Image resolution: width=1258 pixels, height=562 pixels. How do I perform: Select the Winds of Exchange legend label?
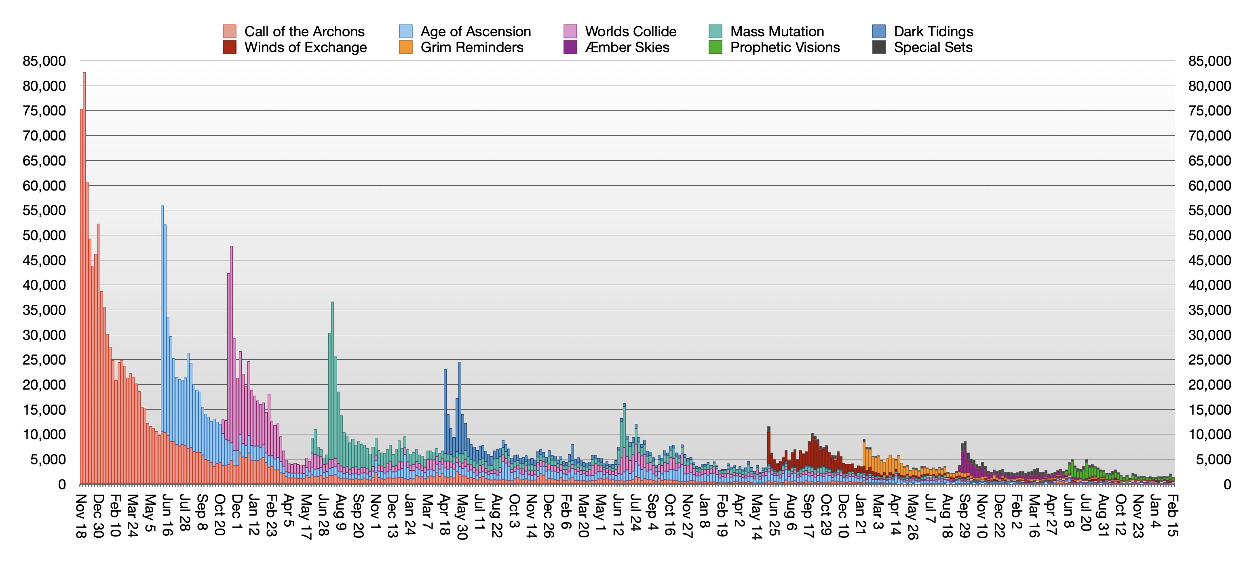coord(305,47)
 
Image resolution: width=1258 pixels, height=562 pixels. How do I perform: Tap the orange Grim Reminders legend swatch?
coord(406,47)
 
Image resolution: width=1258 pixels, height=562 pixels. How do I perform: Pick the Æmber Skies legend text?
coord(627,47)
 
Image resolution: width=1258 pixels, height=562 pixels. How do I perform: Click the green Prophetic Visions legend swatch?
coord(716,47)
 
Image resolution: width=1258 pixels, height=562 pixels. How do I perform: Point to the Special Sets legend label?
coord(933,47)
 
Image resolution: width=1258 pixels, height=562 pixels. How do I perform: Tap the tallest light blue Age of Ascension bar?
coord(162,293)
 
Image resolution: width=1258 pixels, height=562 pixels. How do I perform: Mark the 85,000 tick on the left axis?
coord(44,61)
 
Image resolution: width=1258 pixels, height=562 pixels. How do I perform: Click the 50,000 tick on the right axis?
coord(1209,236)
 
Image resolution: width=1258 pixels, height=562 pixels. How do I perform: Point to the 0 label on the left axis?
coord(62,484)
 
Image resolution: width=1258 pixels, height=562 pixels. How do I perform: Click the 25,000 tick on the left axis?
coord(44,360)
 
